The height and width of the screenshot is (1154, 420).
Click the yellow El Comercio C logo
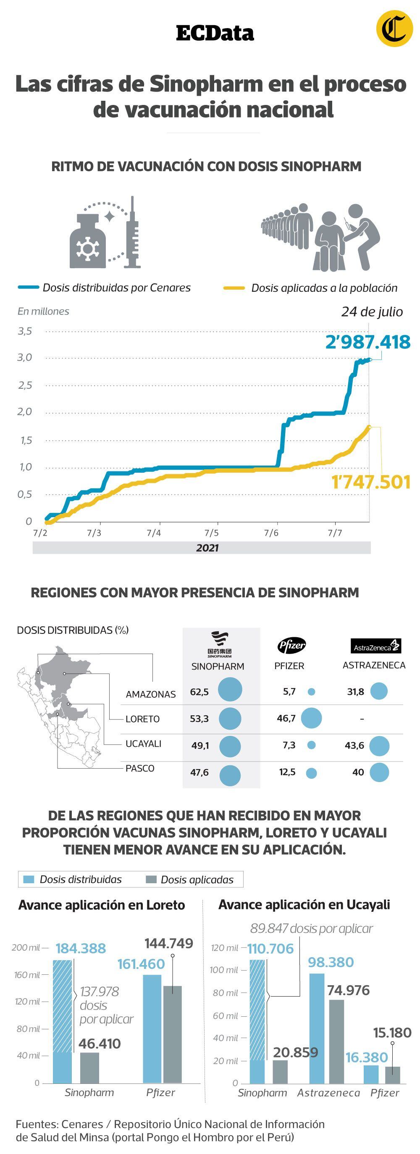click(394, 29)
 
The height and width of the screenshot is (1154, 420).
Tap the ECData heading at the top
click(215, 33)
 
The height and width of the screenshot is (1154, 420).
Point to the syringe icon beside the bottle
click(132, 233)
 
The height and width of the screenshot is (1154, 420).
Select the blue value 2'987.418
click(367, 342)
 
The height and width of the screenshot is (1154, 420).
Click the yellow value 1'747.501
click(371, 482)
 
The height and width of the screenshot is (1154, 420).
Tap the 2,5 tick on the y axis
click(25, 385)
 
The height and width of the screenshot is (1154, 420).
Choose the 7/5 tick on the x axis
click(212, 533)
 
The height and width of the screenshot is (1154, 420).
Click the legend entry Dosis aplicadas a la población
click(324, 288)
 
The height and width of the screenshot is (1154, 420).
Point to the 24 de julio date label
click(372, 312)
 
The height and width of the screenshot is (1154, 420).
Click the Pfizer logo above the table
click(291, 646)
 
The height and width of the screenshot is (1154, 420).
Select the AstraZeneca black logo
click(375, 646)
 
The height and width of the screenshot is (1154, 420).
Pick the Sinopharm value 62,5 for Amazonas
click(199, 692)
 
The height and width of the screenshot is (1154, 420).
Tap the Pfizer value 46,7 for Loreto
click(286, 718)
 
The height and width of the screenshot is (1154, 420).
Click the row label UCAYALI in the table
click(144, 743)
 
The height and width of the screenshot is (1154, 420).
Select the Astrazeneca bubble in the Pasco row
click(379, 772)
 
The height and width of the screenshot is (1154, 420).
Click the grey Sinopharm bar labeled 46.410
click(89, 1068)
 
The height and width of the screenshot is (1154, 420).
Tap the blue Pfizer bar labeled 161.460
click(152, 1029)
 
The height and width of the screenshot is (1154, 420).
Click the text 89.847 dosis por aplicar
click(312, 929)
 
